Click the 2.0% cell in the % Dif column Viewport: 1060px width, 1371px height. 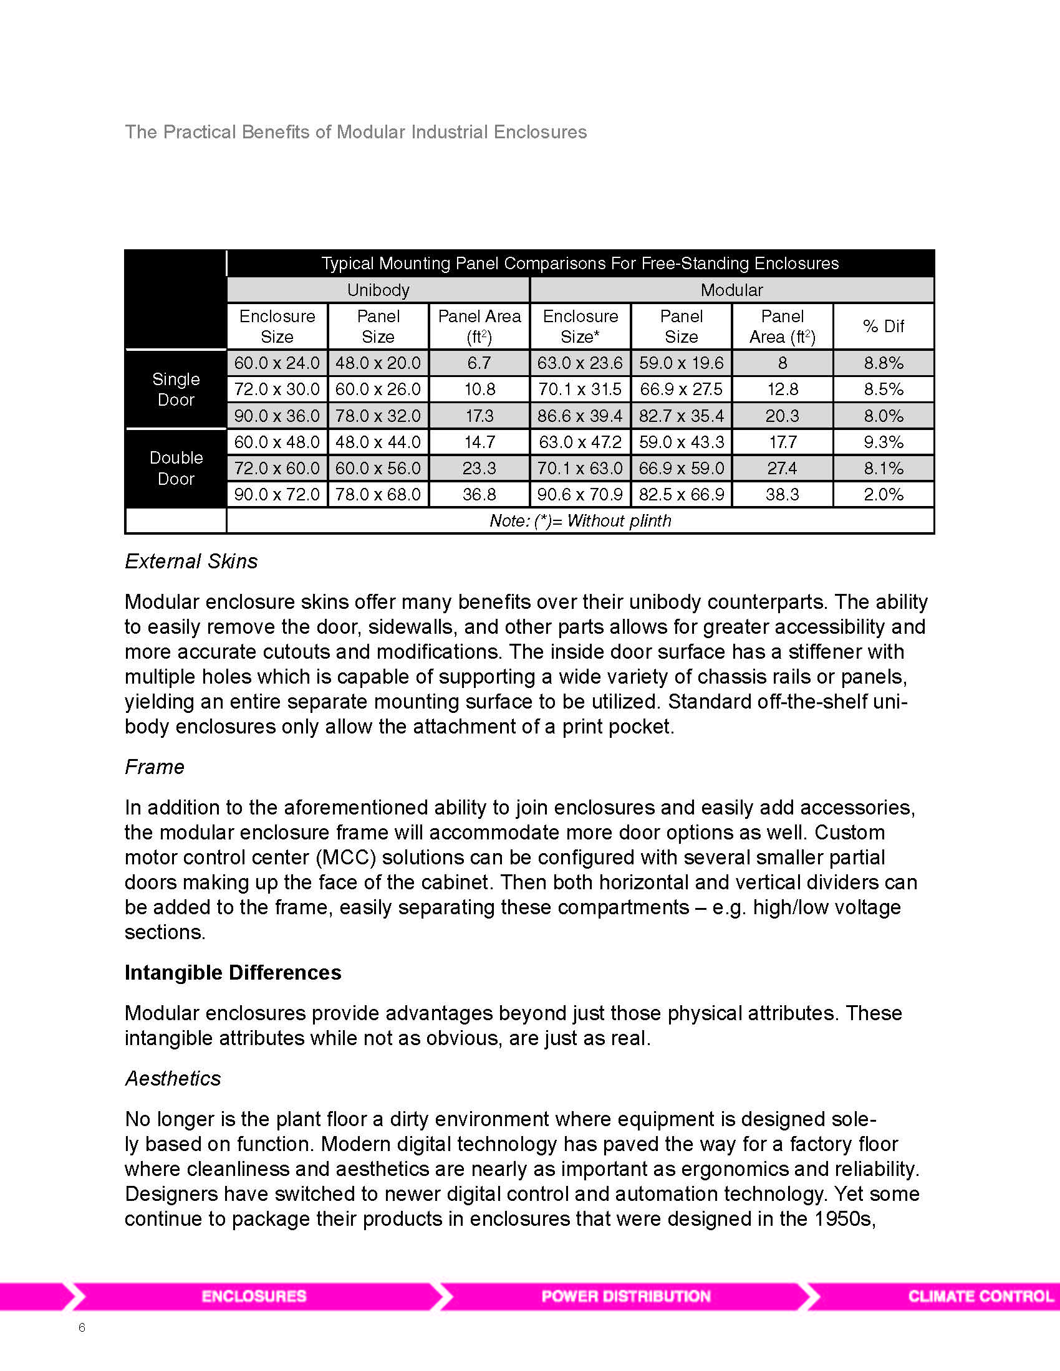tap(883, 495)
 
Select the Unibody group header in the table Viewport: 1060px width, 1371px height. tap(378, 290)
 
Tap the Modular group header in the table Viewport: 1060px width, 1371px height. tap(731, 290)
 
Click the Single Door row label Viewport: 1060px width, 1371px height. tap(176, 389)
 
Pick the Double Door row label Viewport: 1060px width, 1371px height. tap(176, 468)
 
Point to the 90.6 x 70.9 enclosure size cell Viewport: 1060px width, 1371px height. tap(580, 495)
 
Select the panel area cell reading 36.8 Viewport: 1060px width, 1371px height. tap(479, 495)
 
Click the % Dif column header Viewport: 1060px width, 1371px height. tap(883, 327)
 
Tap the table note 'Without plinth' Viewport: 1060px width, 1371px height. tap(580, 521)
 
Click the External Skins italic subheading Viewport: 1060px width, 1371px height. tap(191, 561)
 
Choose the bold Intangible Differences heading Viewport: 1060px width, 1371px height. tap(233, 972)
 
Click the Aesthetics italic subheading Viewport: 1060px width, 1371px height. tap(173, 1079)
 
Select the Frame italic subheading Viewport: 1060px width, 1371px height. tap(155, 767)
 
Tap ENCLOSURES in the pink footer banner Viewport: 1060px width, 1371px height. tap(254, 1296)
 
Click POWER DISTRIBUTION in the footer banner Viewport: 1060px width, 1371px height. tap(625, 1296)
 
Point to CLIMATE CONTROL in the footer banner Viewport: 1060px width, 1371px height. tap(980, 1296)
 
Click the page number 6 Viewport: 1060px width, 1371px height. tap(82, 1327)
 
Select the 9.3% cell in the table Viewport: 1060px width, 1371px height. tap(883, 442)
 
